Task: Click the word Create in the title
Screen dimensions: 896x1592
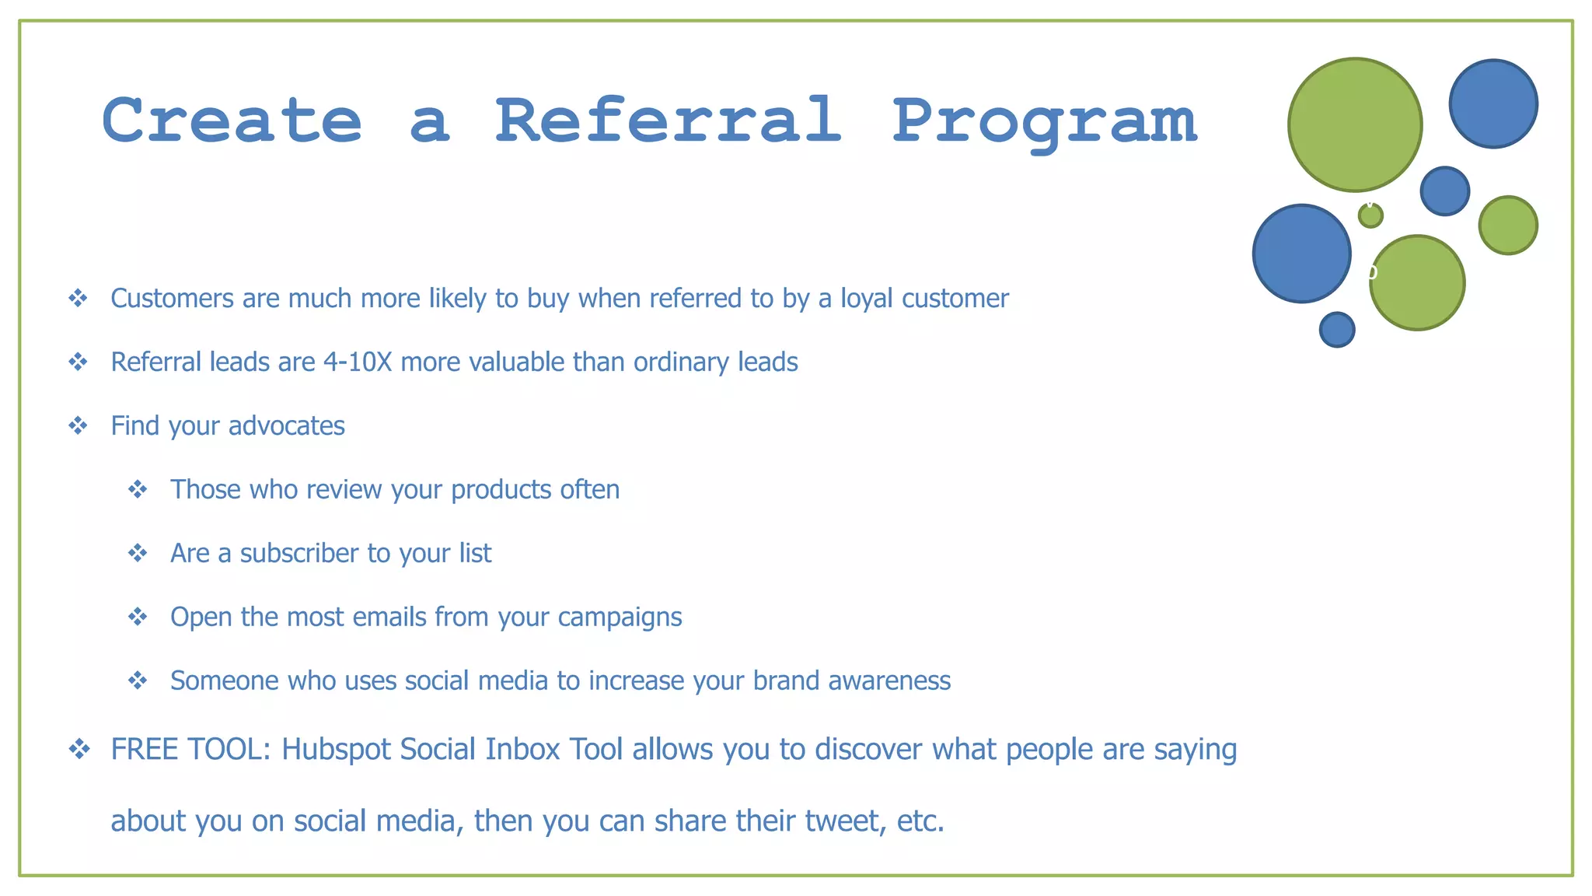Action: point(232,121)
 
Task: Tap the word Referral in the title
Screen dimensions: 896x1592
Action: point(669,121)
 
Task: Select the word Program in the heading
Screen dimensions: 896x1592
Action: point(1044,123)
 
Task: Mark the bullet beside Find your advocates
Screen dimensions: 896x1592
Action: point(78,425)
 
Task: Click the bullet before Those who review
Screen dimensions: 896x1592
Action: point(138,489)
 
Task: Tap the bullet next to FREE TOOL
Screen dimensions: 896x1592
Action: point(79,749)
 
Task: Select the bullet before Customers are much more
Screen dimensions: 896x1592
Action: point(78,298)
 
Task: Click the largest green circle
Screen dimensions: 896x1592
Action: point(1355,124)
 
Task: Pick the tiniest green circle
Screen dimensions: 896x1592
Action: point(1370,215)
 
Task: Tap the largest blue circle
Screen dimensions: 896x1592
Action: point(1301,254)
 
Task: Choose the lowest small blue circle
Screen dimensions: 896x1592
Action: point(1337,330)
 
